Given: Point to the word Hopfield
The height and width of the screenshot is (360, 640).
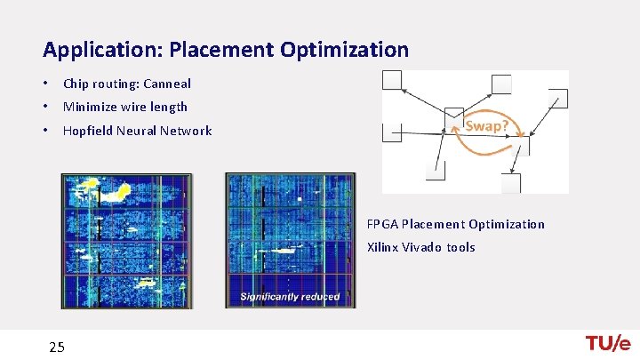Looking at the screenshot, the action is click(x=87, y=131).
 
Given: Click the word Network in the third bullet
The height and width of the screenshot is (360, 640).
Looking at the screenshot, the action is click(x=185, y=131).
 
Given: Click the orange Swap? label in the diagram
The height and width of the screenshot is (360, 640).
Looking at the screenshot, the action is click(x=487, y=125).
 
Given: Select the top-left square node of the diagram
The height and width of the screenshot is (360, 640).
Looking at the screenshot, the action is click(x=392, y=80).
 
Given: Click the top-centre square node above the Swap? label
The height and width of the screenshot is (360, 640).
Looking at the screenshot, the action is click(x=502, y=84).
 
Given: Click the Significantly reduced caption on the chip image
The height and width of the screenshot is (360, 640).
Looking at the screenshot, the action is click(x=290, y=296).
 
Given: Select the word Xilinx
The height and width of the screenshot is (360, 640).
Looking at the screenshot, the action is click(x=383, y=247).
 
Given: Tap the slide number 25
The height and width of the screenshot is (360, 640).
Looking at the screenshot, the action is click(x=57, y=347).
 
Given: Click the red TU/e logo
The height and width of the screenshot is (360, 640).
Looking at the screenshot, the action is click(x=607, y=344).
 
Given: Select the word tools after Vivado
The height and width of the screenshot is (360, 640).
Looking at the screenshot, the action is click(x=460, y=247).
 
